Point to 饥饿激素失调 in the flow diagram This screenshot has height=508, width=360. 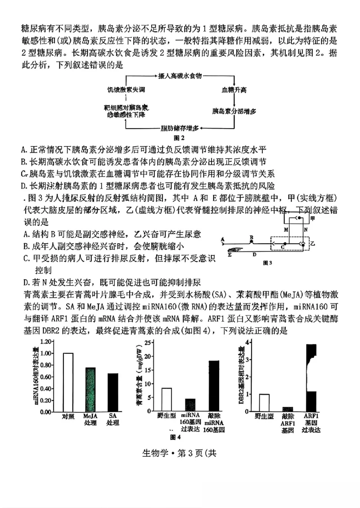(x=126, y=90)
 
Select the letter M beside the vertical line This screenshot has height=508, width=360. (x=286, y=229)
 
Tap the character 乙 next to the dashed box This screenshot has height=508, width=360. (x=313, y=243)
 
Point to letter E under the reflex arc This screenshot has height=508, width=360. (x=229, y=255)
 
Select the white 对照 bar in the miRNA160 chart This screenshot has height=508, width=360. (x=68, y=382)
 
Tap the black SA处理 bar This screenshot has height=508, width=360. (x=112, y=392)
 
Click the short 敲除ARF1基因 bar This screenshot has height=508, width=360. (x=287, y=409)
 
